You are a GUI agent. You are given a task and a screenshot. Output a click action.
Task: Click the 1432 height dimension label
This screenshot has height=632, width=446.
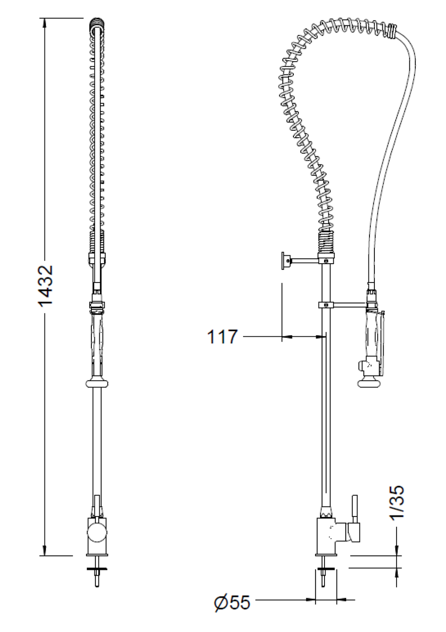tap(45, 285)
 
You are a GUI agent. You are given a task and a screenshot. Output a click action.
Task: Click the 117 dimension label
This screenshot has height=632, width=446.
tap(222, 337)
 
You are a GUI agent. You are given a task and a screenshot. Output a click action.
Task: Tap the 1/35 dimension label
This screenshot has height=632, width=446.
tap(397, 502)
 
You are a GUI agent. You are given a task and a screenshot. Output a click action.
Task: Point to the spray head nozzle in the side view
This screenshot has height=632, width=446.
tap(366, 383)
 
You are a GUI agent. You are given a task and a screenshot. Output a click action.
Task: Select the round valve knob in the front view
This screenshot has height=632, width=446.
tap(97, 531)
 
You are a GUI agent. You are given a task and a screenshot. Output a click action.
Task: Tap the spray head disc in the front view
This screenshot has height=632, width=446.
tap(97, 383)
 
